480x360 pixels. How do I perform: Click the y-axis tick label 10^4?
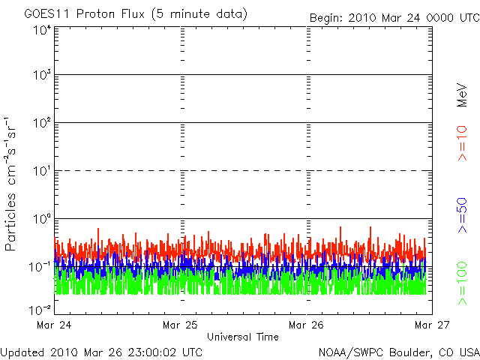[x=42, y=30]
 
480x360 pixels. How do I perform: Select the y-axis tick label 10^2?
[x=42, y=124]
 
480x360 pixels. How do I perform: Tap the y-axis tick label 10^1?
[x=42, y=172]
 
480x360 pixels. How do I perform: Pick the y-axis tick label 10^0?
[x=42, y=220]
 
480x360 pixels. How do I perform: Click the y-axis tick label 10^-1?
[x=40, y=267]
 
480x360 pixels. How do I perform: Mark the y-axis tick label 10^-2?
[x=40, y=309]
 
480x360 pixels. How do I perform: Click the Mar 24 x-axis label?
[x=55, y=325]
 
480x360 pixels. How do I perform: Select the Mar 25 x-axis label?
[x=181, y=325]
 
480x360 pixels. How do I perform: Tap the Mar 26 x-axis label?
[x=307, y=325]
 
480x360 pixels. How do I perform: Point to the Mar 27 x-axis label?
[x=432, y=325]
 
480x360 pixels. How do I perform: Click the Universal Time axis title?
[x=243, y=337]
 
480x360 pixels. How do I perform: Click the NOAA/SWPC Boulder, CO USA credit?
[x=398, y=351]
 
